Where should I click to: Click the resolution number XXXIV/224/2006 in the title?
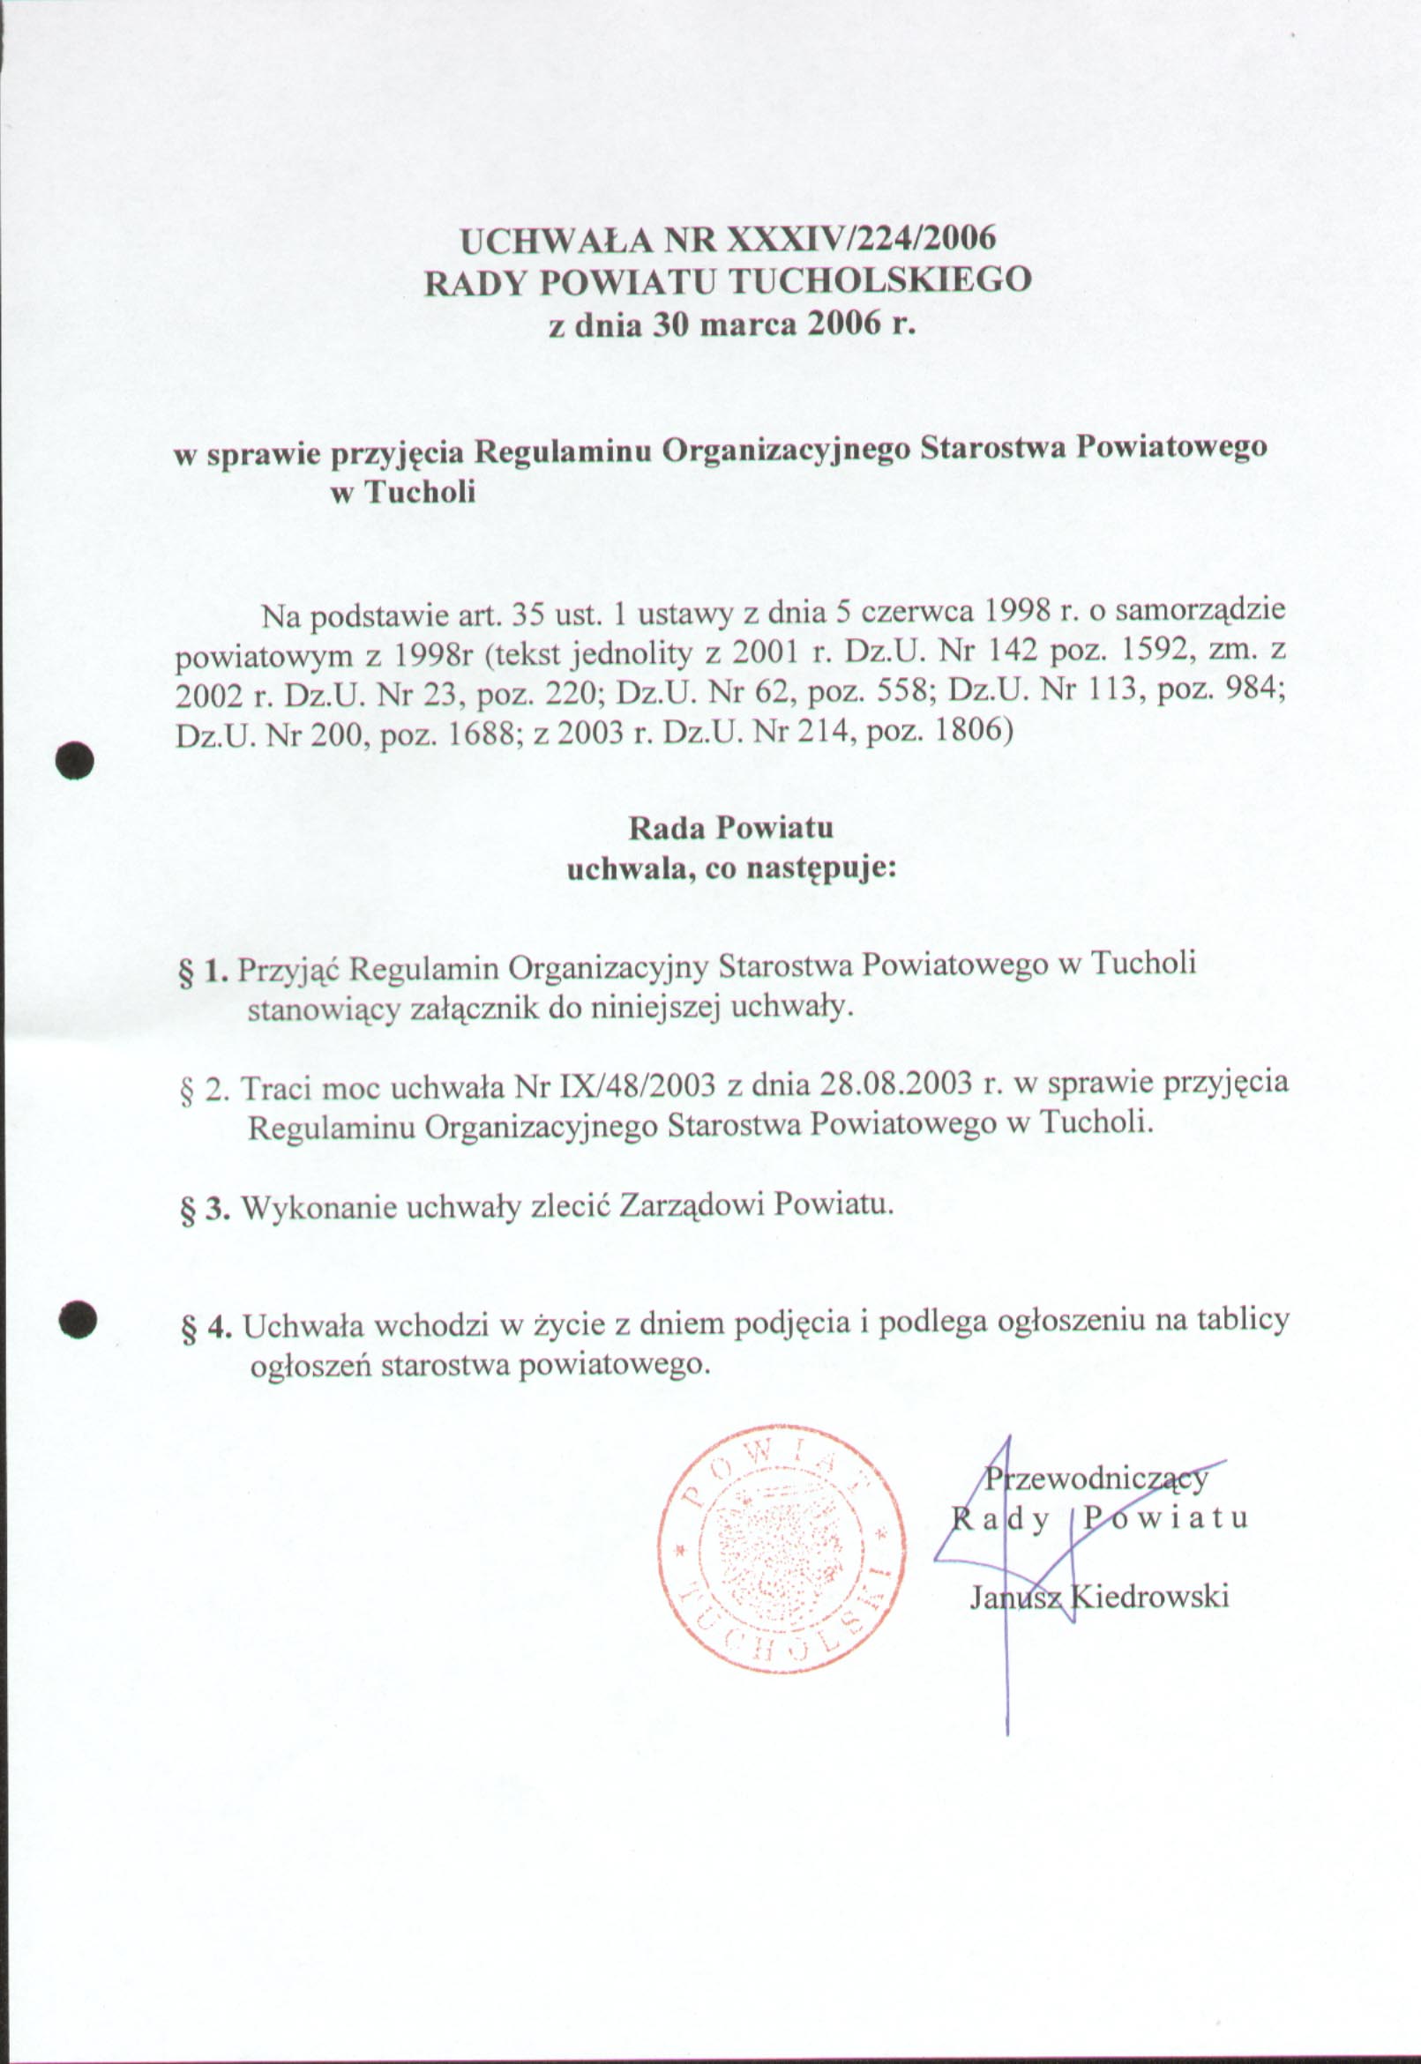pyautogui.click(x=860, y=240)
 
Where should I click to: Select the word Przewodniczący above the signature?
pyautogui.click(x=1097, y=1479)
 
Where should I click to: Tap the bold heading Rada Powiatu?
pyautogui.click(x=731, y=828)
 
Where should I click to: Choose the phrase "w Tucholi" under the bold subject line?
pyautogui.click(x=402, y=492)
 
